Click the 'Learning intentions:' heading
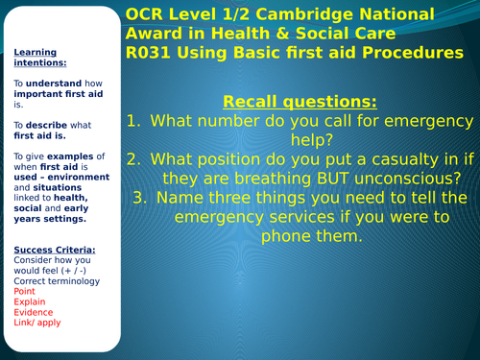pos(35,58)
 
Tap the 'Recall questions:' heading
pos(299,101)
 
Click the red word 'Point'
pos(24,292)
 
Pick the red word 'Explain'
pos(30,301)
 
